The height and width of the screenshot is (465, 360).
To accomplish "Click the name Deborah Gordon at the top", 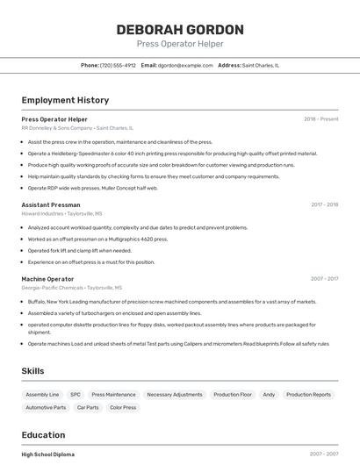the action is pyautogui.click(x=180, y=29).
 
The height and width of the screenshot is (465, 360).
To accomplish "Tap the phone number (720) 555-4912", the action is pyautogui.click(x=118, y=65).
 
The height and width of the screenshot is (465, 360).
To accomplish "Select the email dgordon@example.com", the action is pyautogui.click(x=185, y=65).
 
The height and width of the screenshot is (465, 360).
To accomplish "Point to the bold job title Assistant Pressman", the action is pyautogui.click(x=51, y=204).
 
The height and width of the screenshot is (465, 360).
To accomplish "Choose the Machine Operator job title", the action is pyautogui.click(x=47, y=279).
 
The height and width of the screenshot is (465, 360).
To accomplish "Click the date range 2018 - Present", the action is pyautogui.click(x=320, y=118).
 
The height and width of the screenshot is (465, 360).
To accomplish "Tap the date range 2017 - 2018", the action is pyautogui.click(x=324, y=204).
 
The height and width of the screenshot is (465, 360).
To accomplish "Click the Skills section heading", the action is pyautogui.click(x=32, y=371).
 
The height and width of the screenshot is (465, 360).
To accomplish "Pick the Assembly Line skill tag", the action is pyautogui.click(x=42, y=395).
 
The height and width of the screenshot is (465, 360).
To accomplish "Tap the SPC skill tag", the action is pyautogui.click(x=76, y=395).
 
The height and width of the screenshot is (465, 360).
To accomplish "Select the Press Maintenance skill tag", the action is pyautogui.click(x=114, y=395).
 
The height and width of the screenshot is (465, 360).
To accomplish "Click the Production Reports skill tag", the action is pyautogui.click(x=308, y=395).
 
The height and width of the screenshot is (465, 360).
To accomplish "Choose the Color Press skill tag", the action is pyautogui.click(x=123, y=407).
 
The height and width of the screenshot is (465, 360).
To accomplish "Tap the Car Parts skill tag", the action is pyautogui.click(x=88, y=407).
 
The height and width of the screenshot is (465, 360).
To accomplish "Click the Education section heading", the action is pyautogui.click(x=43, y=434).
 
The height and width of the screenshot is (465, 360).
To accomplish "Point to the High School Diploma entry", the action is pyautogui.click(x=47, y=454).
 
